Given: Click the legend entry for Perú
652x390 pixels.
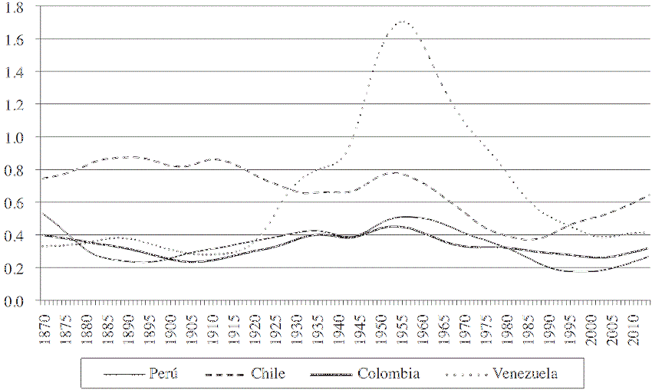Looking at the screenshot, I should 163,373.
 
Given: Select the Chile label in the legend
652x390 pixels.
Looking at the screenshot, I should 268,373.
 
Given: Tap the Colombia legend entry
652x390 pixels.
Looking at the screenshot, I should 388,373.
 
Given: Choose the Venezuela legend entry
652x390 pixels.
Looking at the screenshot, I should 525,373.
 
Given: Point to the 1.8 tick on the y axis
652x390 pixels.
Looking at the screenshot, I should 15,6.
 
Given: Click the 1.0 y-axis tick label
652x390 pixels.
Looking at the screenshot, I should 15,137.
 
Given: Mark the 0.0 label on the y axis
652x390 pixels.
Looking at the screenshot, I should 15,301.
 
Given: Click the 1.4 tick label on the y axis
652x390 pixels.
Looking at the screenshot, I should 15,72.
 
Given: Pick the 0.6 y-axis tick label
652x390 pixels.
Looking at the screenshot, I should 15,203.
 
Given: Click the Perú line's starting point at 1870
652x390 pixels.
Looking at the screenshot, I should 43,213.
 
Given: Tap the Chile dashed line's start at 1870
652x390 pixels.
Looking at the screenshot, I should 43,179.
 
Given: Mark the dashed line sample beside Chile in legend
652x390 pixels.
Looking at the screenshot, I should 227,374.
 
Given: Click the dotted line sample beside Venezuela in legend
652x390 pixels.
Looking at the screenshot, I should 467,374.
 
